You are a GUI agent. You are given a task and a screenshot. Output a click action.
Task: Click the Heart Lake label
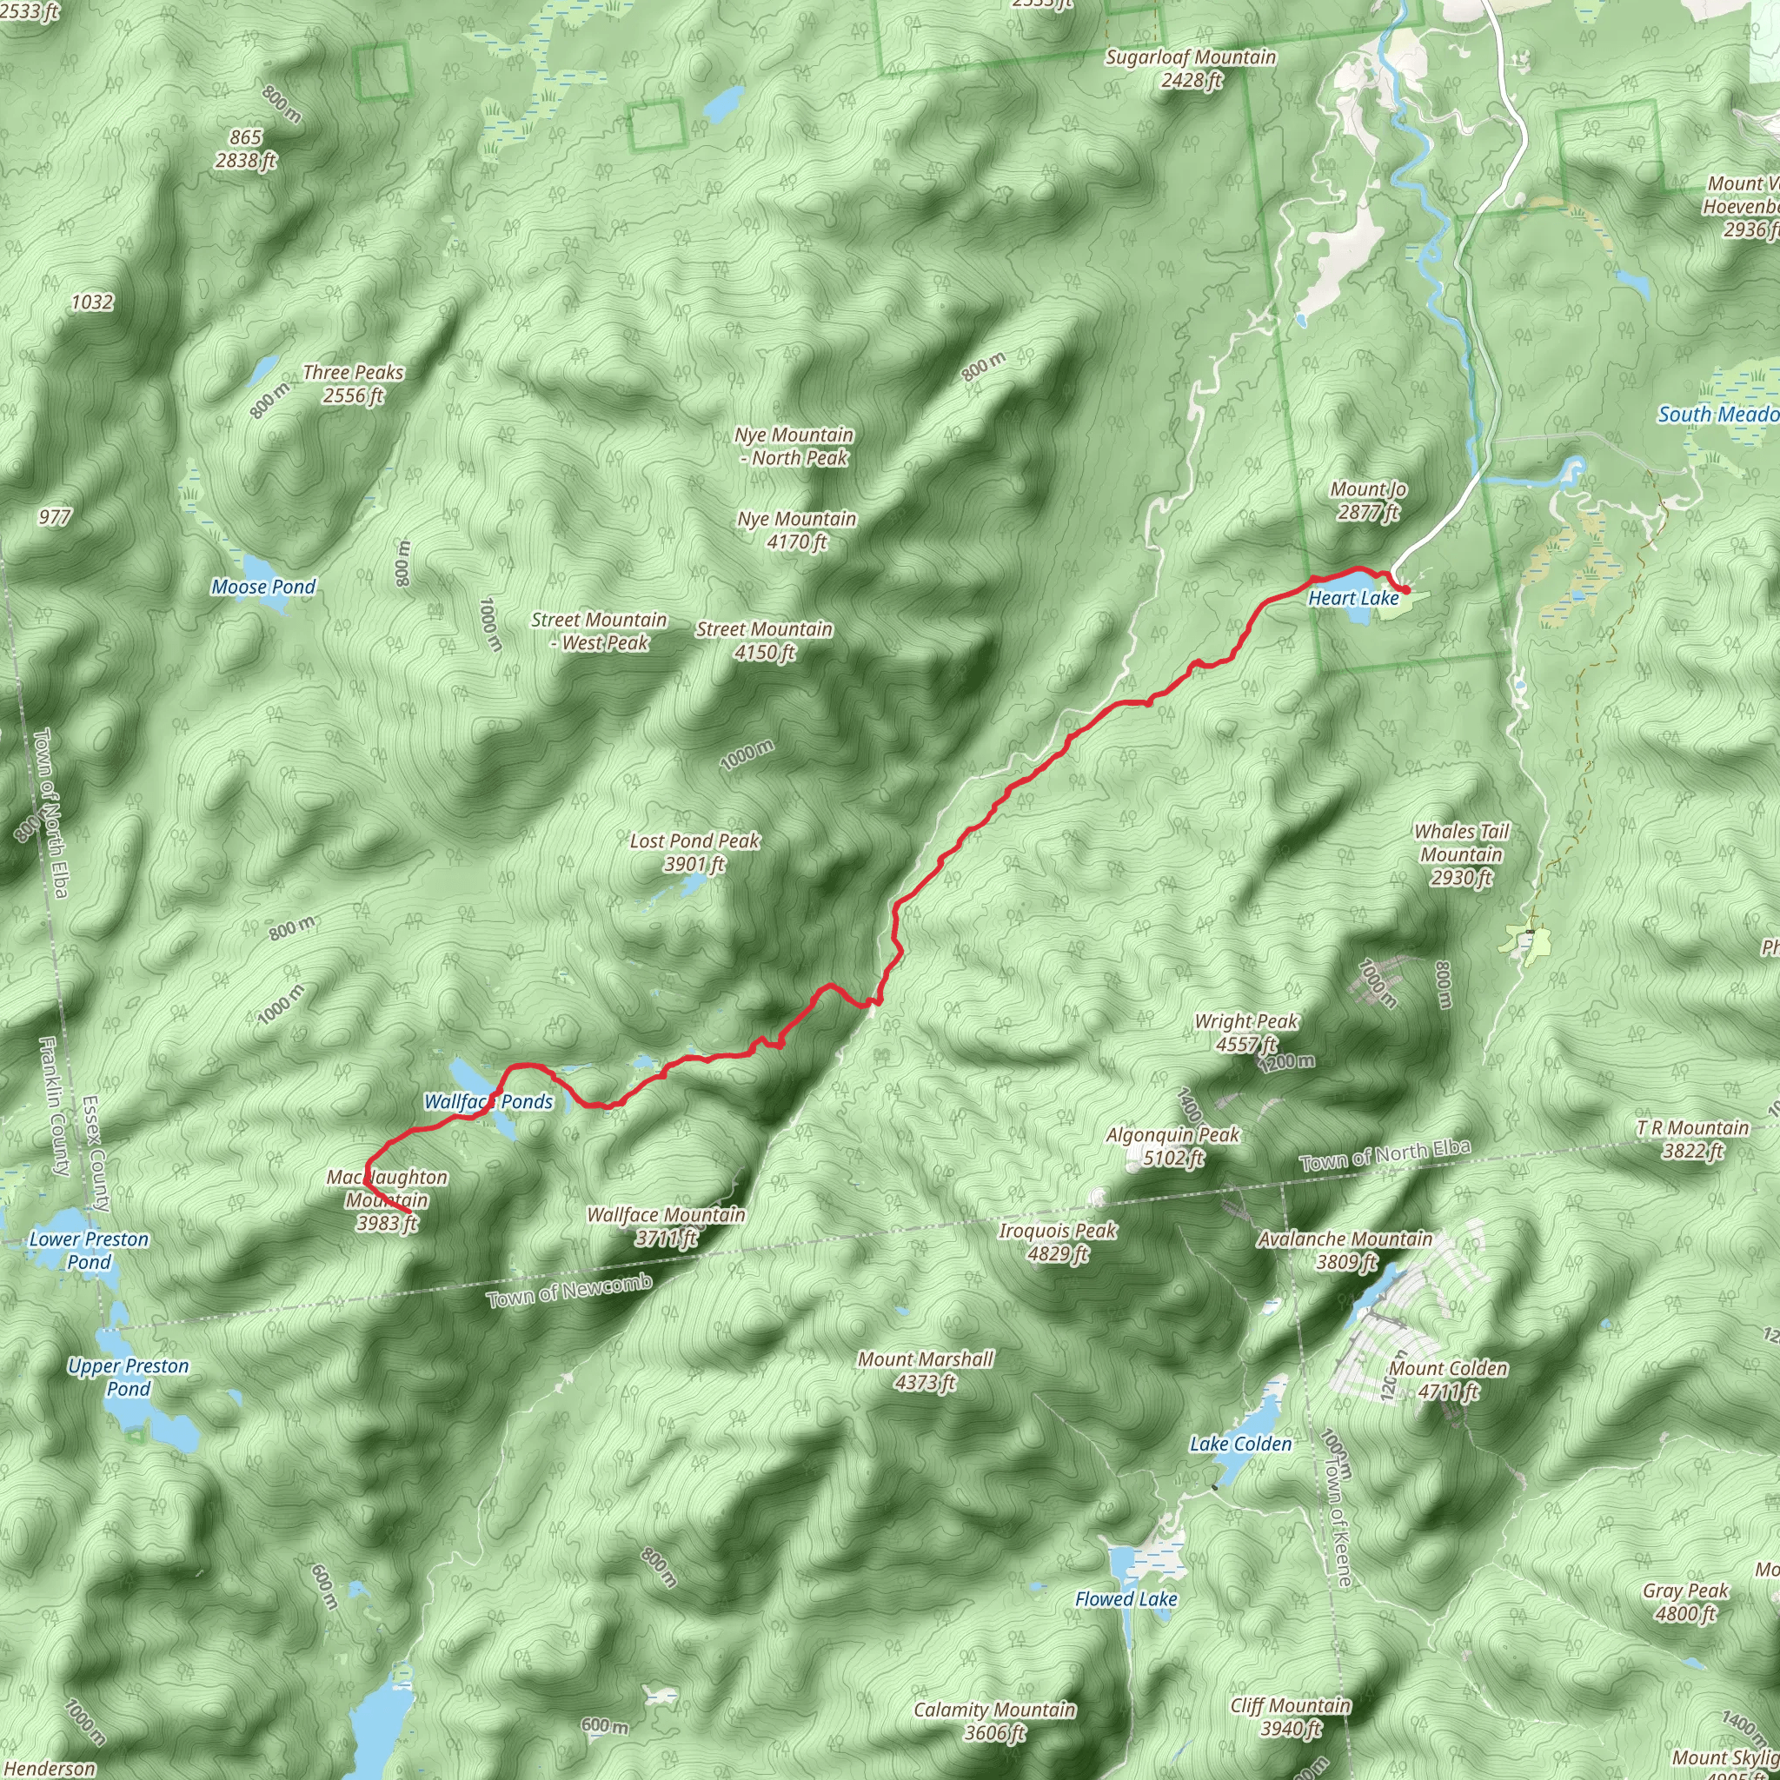click(x=1352, y=598)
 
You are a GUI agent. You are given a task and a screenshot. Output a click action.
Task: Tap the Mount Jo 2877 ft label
click(x=1368, y=501)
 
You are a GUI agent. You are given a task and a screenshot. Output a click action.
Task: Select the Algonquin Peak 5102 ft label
click(x=1172, y=1146)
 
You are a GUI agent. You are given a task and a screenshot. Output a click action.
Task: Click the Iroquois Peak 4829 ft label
click(x=1058, y=1242)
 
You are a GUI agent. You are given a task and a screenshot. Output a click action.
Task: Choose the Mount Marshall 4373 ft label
click(x=925, y=1370)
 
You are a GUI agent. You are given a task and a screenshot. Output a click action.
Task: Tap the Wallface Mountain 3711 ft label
click(x=665, y=1226)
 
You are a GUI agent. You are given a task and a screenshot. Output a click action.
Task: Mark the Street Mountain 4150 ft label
click(x=764, y=641)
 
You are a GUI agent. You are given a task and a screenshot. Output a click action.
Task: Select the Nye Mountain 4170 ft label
click(x=797, y=530)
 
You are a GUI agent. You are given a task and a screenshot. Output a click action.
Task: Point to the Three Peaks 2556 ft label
click(x=353, y=383)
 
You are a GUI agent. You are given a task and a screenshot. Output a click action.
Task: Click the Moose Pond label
click(x=263, y=587)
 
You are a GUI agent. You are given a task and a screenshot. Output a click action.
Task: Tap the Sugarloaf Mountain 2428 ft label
click(x=1191, y=68)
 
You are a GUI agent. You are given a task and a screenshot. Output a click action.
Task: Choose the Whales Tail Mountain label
click(x=1461, y=854)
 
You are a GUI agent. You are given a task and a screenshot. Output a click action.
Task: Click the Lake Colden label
click(x=1240, y=1444)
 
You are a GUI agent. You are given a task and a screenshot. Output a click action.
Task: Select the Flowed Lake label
click(x=1126, y=1599)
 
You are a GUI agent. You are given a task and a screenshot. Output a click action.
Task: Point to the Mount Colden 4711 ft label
click(x=1448, y=1379)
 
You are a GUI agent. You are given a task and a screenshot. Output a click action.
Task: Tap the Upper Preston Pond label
click(x=128, y=1378)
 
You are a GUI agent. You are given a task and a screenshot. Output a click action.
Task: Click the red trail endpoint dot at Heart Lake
click(x=1406, y=589)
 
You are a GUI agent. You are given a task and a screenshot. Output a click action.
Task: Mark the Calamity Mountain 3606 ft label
click(x=994, y=1721)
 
